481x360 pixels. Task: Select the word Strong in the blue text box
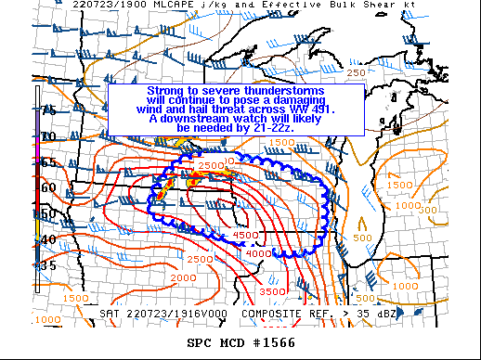tap(167, 91)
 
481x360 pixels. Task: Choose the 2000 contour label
tap(183, 277)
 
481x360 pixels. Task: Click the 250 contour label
tap(356, 72)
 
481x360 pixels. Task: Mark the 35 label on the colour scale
tap(48, 265)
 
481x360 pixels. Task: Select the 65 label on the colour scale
tap(48, 161)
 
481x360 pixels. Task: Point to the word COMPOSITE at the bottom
tap(276, 314)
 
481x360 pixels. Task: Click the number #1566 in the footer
tap(288, 342)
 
